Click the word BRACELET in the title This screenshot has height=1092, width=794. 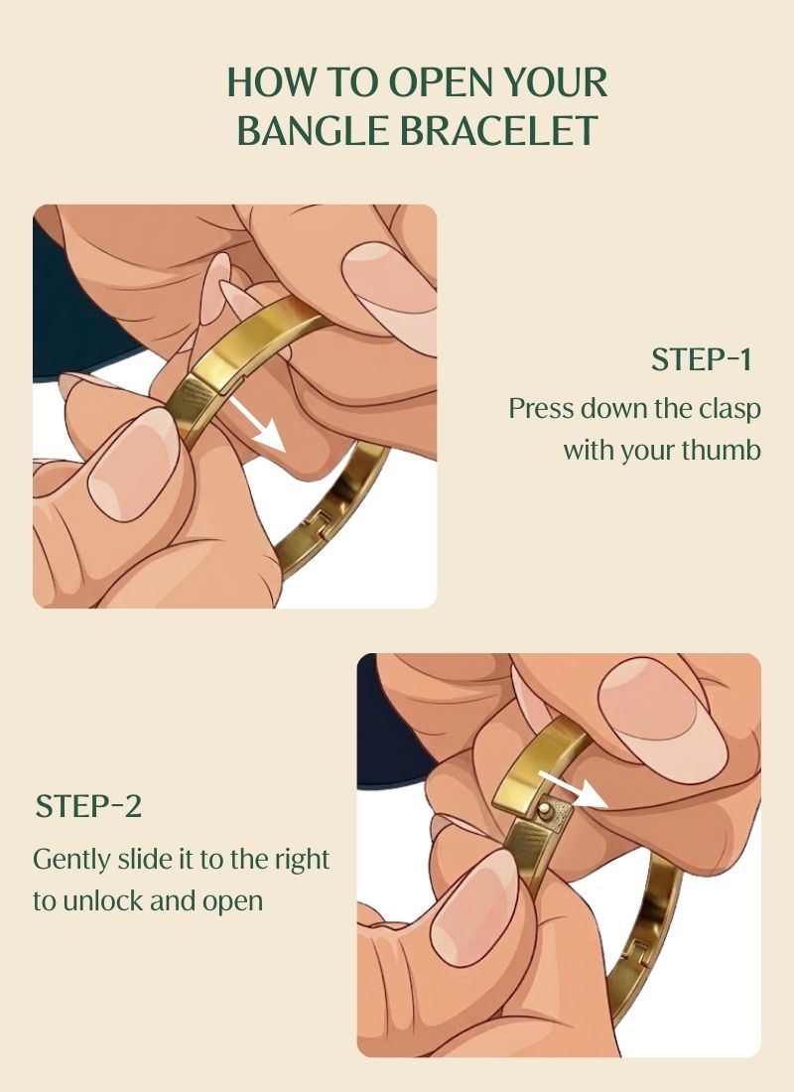[499, 130]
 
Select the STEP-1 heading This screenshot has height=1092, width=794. [702, 359]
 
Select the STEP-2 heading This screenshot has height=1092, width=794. [88, 806]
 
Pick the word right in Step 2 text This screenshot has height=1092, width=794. [302, 860]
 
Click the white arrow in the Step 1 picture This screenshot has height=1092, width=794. [258, 425]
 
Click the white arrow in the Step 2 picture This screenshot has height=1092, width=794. [573, 788]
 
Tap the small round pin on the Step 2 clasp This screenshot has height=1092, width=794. [548, 810]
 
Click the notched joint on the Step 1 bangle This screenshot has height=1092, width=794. [320, 524]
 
